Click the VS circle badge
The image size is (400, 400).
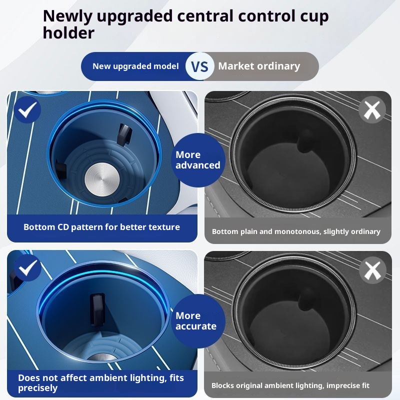tap(200, 66)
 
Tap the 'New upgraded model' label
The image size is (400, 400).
tap(135, 66)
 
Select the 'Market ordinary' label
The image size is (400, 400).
tap(259, 66)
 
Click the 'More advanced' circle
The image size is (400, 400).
tap(198, 160)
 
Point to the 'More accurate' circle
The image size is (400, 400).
tap(196, 321)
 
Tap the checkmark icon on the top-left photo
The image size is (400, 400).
tap(27, 110)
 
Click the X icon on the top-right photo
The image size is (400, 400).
tap(372, 110)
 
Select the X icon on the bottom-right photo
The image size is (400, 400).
tap(372, 270)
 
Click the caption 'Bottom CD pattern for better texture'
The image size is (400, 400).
tap(101, 227)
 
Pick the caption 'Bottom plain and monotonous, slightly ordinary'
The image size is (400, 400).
tap(296, 231)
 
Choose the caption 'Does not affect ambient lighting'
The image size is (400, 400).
tap(101, 382)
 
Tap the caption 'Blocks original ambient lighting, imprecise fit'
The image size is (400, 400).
tap(297, 385)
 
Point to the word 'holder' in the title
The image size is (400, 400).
tap(68, 33)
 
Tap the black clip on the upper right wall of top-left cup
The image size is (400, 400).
tap(123, 131)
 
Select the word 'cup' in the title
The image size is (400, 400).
tap(313, 16)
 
